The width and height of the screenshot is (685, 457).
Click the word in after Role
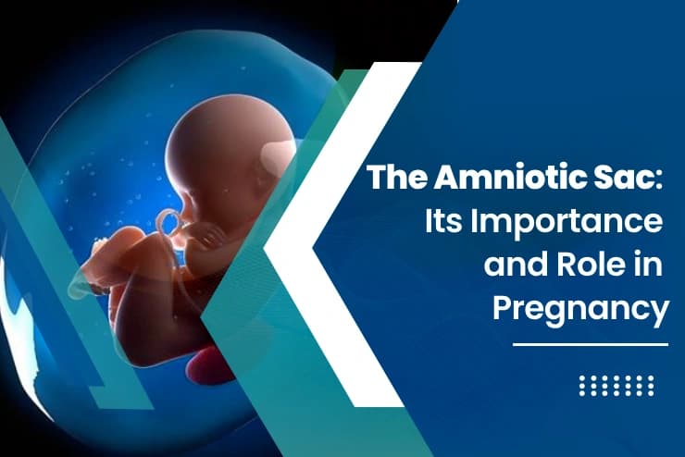(x=651, y=266)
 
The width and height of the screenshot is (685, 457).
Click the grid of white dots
(x=616, y=385)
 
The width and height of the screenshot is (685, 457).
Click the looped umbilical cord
(x=169, y=224)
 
